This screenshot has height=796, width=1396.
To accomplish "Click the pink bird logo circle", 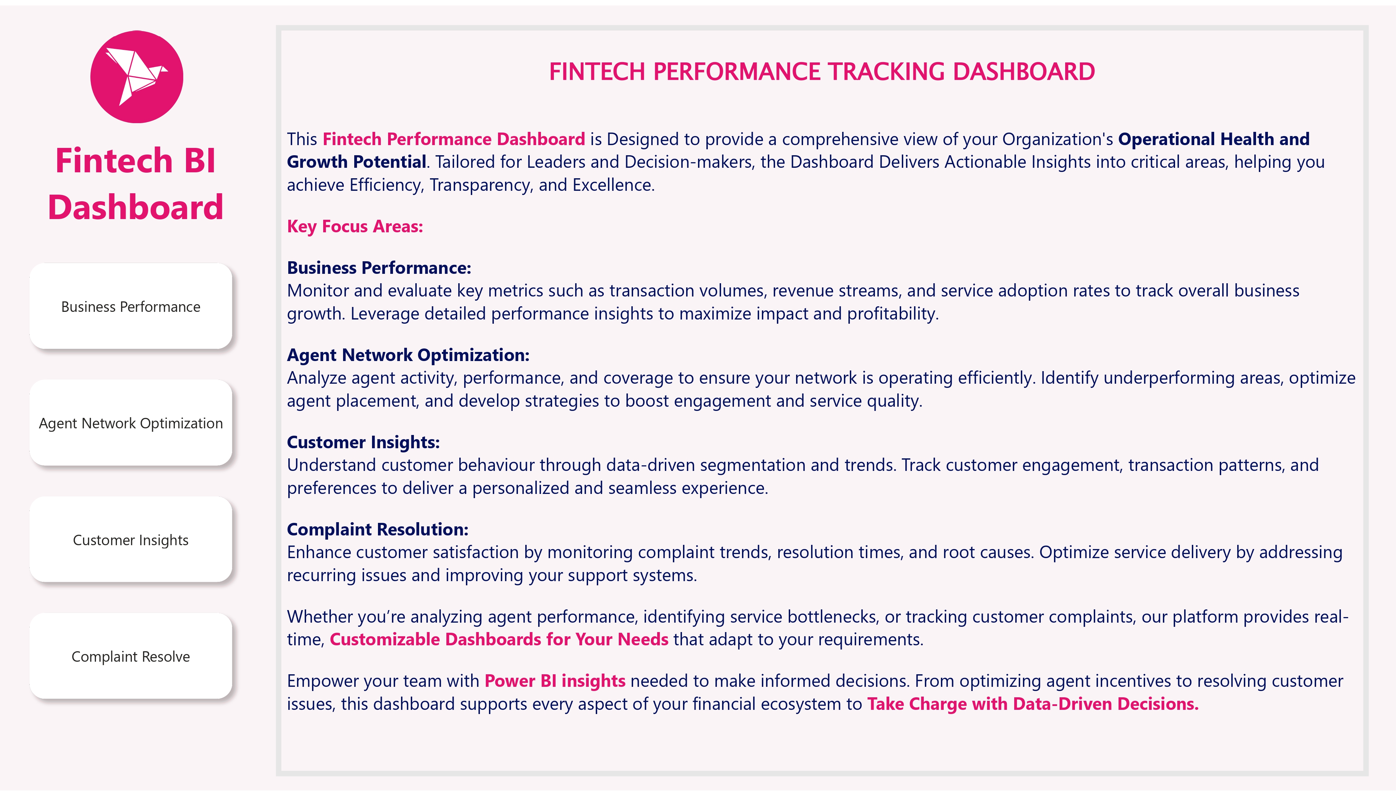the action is tap(137, 76).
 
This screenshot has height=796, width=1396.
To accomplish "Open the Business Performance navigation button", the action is tap(131, 306).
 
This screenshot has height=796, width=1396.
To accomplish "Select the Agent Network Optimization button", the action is tap(131, 423).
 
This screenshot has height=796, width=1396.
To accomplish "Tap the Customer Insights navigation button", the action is tap(131, 540).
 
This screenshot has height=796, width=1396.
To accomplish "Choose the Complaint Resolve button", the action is tap(131, 656).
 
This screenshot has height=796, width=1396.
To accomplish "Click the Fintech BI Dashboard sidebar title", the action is tap(136, 184).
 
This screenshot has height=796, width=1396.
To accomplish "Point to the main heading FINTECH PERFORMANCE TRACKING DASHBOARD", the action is tap(822, 72).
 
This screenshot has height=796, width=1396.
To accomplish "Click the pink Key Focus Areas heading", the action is tap(355, 226).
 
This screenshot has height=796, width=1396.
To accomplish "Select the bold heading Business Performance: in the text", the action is tap(379, 268).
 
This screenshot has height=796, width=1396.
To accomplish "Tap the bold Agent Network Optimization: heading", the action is tap(408, 355).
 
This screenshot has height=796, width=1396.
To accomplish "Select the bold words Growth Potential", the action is tap(357, 162).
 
